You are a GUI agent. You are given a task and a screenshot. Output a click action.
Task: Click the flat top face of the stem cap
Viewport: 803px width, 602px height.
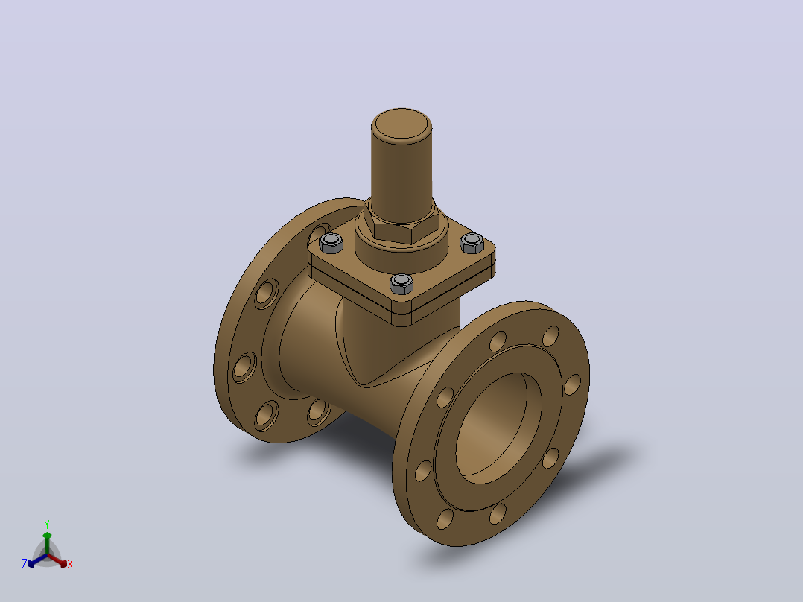click(401, 125)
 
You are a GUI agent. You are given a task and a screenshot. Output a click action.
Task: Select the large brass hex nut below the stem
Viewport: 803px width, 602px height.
click(401, 226)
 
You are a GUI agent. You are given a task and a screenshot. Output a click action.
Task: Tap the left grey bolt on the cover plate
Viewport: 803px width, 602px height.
click(331, 243)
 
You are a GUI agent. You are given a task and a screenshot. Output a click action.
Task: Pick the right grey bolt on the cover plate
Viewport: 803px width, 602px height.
click(472, 243)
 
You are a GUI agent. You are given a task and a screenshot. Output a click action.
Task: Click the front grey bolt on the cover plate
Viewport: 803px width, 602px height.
click(401, 284)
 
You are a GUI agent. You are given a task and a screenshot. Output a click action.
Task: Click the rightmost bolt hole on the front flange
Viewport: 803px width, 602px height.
click(573, 384)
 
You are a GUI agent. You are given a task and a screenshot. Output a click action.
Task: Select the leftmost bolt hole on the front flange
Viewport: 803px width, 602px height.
click(423, 471)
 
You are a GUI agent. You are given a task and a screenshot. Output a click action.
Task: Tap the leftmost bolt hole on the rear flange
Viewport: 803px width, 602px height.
click(244, 367)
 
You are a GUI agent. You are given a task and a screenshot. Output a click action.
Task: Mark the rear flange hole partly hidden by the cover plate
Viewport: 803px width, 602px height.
click(320, 233)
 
